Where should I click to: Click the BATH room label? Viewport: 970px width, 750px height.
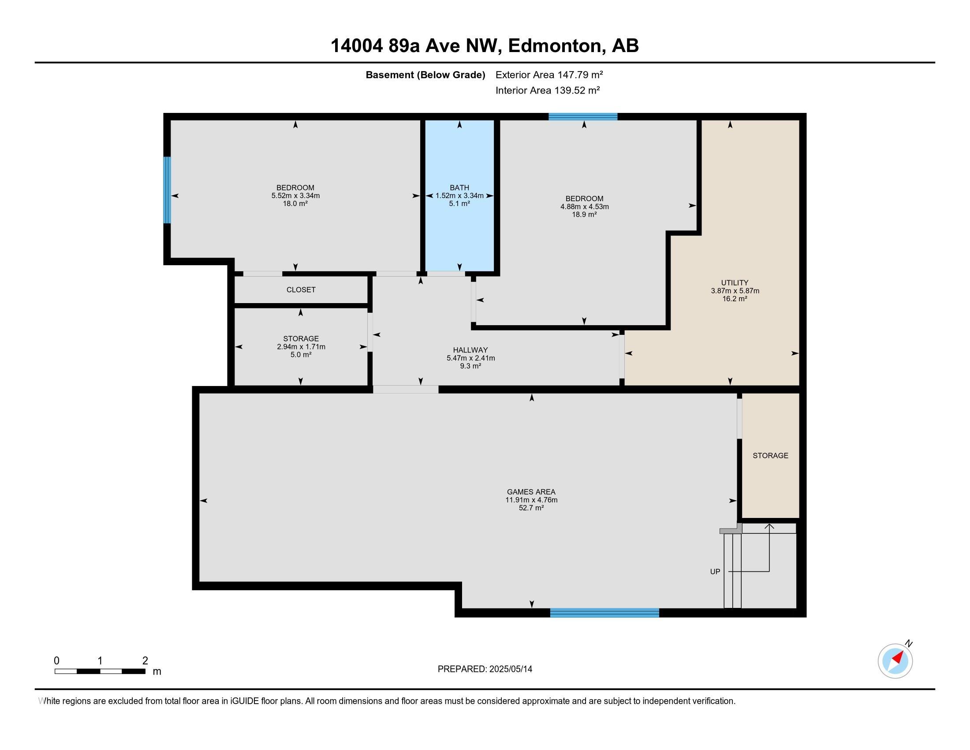459,187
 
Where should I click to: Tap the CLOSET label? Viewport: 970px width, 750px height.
301,290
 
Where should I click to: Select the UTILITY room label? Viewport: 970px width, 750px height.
735,283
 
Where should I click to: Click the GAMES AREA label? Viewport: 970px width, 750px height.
531,492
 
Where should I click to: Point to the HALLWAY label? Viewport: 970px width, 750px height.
470,350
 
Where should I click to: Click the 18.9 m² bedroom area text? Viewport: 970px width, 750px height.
584,214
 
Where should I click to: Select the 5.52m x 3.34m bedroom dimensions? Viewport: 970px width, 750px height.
295,195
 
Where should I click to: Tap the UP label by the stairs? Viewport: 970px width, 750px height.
715,572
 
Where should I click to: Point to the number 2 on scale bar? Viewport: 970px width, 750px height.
145,661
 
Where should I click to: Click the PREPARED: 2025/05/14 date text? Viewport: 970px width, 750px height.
485,669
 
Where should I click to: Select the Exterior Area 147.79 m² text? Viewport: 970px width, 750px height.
549,75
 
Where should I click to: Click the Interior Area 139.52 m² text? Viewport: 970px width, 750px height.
547,90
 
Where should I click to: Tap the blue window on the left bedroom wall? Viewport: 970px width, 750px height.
167,190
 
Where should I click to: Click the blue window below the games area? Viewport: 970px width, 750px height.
604,613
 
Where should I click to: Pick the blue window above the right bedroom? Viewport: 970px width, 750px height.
583,117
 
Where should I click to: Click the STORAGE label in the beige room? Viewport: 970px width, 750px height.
770,455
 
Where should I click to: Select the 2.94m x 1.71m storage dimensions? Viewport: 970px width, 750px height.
301,347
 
